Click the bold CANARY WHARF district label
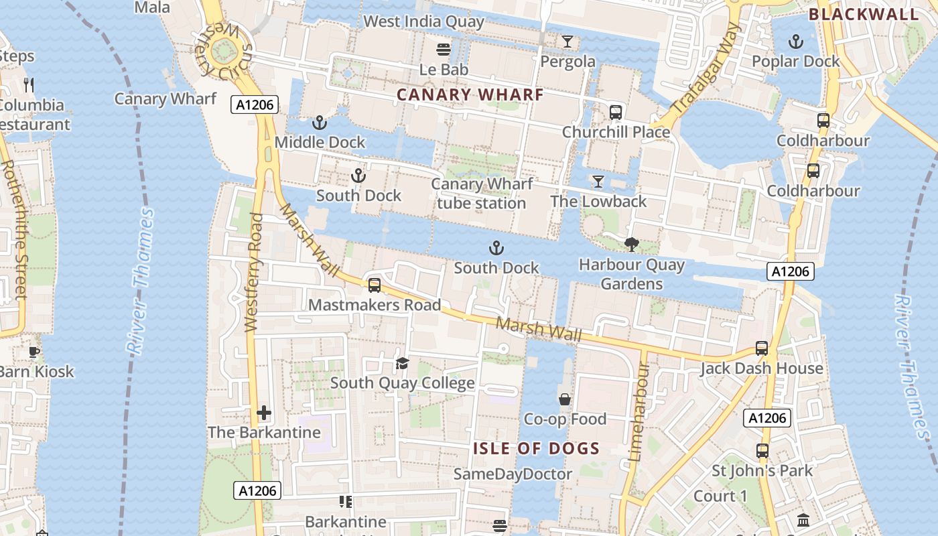(x=470, y=95)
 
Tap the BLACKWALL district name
(x=863, y=14)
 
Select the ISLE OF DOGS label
(x=536, y=448)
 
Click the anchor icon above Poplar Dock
(x=795, y=42)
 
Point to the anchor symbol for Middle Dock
(x=320, y=123)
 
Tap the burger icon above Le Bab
(x=443, y=49)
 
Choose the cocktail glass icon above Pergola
(x=567, y=42)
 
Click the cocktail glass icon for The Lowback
(x=598, y=182)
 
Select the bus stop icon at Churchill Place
(x=615, y=112)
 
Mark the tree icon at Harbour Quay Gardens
(x=631, y=245)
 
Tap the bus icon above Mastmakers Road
(x=375, y=285)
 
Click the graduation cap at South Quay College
(x=402, y=363)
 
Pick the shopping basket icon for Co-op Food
(x=565, y=399)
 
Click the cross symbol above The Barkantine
(x=264, y=412)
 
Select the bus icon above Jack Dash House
(x=762, y=348)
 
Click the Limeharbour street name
(x=637, y=412)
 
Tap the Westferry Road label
(x=253, y=272)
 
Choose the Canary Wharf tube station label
(x=482, y=193)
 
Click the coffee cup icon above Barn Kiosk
(x=34, y=352)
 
